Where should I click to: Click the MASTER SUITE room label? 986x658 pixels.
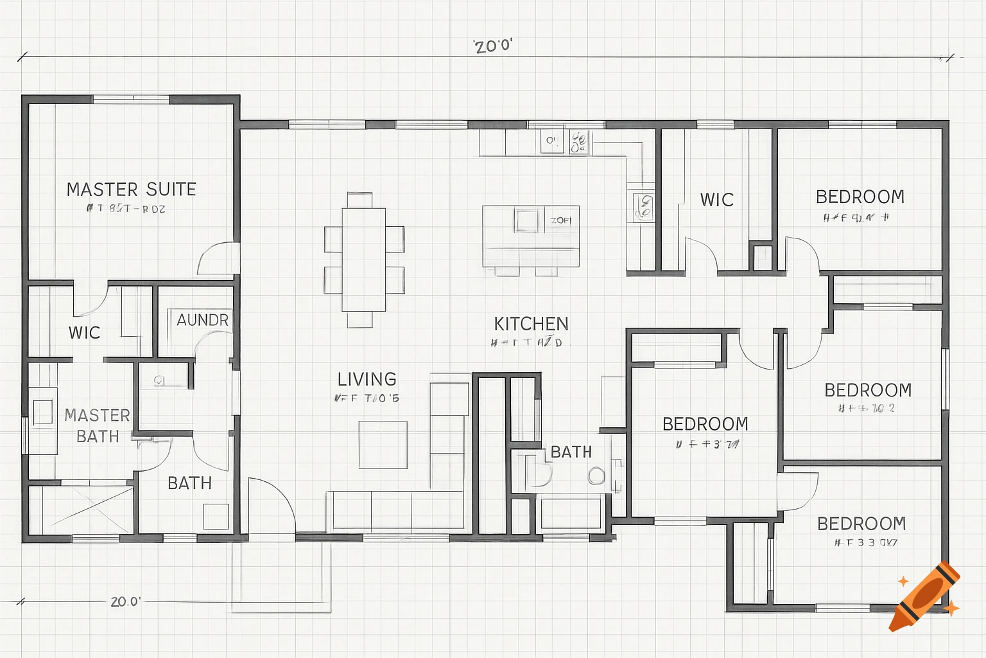pyautogui.click(x=131, y=190)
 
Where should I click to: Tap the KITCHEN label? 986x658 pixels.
pyautogui.click(x=531, y=324)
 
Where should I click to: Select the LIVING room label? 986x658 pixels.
pyautogui.click(x=367, y=379)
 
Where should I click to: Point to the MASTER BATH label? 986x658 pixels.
pyautogui.click(x=97, y=425)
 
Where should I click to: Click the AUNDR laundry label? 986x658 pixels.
pyautogui.click(x=202, y=320)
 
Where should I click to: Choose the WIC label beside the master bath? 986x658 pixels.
pyautogui.click(x=84, y=333)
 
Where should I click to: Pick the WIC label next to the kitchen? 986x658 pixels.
pyautogui.click(x=716, y=200)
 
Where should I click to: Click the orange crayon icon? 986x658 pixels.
pyautogui.click(x=924, y=597)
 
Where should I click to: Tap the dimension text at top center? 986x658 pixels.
pyautogui.click(x=493, y=46)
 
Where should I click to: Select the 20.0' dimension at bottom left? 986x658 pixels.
pyautogui.click(x=125, y=601)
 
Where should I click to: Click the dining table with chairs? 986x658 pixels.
pyautogui.click(x=364, y=260)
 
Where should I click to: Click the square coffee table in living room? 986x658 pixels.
pyautogui.click(x=383, y=445)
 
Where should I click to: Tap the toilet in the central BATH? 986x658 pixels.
pyautogui.click(x=538, y=472)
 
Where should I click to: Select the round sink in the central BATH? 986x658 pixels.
pyautogui.click(x=596, y=476)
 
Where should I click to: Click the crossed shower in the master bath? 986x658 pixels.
pyautogui.click(x=81, y=510)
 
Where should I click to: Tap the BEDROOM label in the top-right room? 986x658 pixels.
pyautogui.click(x=860, y=197)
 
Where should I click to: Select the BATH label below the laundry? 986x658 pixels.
pyautogui.click(x=189, y=483)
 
